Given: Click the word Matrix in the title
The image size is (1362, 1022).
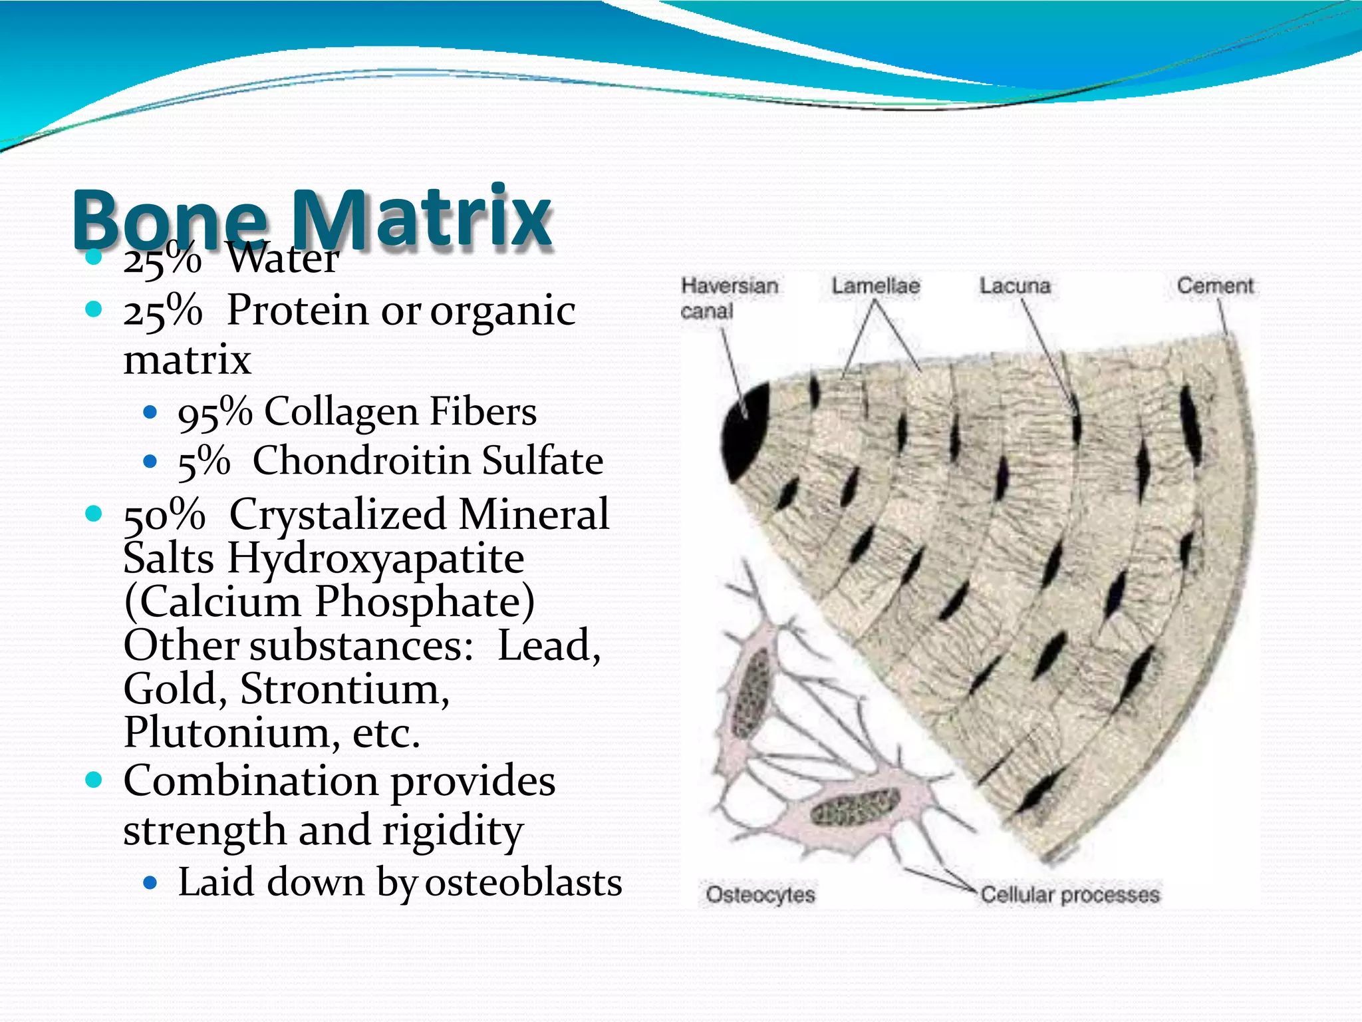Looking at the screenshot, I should click(x=422, y=218).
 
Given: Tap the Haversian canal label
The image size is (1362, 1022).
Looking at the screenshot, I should click(x=729, y=298).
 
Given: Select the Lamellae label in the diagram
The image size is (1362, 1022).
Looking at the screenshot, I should click(x=876, y=286).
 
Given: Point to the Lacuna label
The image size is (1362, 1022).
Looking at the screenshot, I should click(x=1015, y=286).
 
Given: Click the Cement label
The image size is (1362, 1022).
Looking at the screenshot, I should click(x=1215, y=286).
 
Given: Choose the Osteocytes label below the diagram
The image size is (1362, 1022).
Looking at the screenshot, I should click(x=760, y=894).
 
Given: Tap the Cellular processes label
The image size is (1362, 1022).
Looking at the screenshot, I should click(x=1070, y=894).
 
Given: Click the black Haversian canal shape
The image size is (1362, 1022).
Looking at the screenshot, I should click(x=745, y=429).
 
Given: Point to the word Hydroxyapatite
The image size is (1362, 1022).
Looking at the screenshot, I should click(x=376, y=559).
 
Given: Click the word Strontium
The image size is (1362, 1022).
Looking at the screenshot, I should click(x=344, y=689).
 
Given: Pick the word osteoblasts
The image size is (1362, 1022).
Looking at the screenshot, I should click(x=523, y=883).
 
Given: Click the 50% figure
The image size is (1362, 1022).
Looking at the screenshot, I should click(x=164, y=515).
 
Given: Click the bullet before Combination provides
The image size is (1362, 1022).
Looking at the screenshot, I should click(x=94, y=780).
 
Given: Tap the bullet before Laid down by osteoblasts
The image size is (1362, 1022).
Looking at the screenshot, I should click(x=150, y=884).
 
